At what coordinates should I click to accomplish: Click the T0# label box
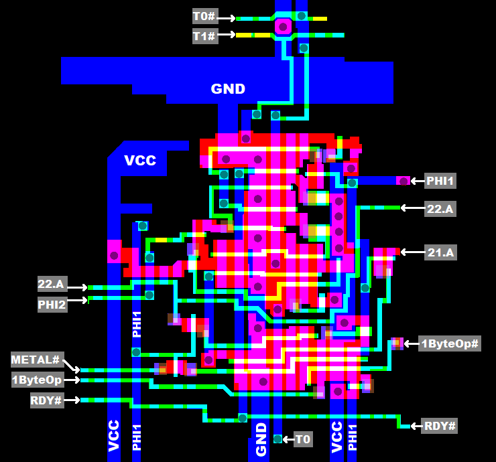click(x=204, y=17)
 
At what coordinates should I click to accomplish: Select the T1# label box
click(x=204, y=35)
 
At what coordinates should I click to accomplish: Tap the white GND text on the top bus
click(x=228, y=89)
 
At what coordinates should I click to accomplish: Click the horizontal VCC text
click(x=140, y=161)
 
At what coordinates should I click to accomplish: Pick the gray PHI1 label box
click(x=440, y=181)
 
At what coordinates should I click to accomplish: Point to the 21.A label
click(x=440, y=252)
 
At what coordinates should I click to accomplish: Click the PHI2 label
click(x=52, y=305)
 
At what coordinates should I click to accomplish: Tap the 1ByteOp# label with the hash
click(x=450, y=344)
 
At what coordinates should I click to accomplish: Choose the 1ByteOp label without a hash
click(x=37, y=380)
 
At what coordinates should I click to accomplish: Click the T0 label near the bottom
click(x=303, y=439)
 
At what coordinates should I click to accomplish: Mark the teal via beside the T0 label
click(x=277, y=439)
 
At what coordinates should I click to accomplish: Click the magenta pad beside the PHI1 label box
click(x=403, y=181)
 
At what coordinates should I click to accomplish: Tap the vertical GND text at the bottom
click(x=261, y=440)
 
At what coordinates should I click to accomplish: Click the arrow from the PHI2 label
click(x=78, y=301)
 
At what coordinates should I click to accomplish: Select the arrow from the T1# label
click(x=227, y=34)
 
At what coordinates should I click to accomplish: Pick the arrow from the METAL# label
click(x=72, y=365)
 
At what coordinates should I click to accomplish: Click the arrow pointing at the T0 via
click(x=288, y=439)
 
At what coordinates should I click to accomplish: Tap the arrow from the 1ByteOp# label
click(x=410, y=344)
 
